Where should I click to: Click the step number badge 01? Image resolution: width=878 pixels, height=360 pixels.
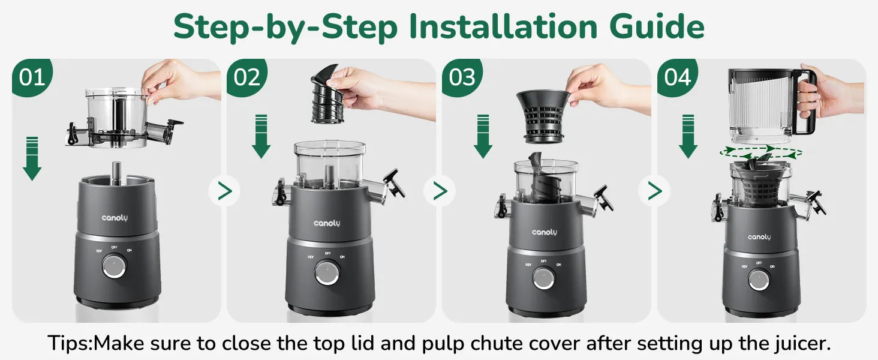point(32,77)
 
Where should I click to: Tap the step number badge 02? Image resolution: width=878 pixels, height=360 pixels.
point(247,77)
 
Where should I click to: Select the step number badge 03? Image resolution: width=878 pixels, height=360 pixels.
point(462,77)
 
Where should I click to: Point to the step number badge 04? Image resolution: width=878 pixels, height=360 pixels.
point(677,77)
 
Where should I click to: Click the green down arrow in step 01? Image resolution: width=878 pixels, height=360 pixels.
point(32,158)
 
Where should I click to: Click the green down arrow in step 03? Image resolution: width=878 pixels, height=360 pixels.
point(483,136)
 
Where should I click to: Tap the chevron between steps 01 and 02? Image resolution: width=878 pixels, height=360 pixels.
point(224,191)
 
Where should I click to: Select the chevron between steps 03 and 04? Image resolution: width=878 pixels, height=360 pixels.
point(655,191)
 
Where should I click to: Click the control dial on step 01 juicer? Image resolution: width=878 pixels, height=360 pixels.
point(114,266)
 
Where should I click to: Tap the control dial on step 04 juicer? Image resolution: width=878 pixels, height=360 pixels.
point(759,280)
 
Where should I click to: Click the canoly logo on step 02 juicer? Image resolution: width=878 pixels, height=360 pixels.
point(327,223)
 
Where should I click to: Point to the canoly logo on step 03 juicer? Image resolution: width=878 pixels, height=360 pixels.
point(545,232)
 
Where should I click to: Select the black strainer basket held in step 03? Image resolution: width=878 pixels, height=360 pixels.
point(543,116)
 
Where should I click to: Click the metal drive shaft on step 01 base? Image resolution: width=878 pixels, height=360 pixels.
point(116,173)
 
